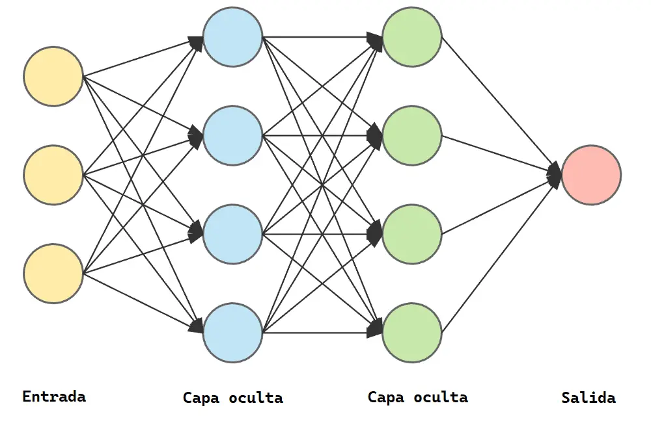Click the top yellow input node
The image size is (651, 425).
[53, 76]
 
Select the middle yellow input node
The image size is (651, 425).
[53, 174]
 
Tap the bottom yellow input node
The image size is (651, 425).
[53, 273]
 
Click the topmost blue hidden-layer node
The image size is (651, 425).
[232, 37]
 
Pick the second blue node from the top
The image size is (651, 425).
[232, 136]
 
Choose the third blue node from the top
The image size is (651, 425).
[232, 234]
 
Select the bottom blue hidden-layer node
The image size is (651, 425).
[232, 333]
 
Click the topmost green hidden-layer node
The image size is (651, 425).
[412, 37]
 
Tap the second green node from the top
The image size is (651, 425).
[412, 136]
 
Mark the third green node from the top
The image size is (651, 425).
[412, 234]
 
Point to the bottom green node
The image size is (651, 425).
[412, 333]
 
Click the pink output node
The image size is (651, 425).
[591, 175]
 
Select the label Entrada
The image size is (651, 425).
[54, 396]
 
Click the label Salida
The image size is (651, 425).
[589, 398]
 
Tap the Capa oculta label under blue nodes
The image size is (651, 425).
[232, 398]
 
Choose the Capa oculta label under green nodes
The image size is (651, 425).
[417, 397]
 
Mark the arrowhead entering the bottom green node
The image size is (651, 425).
[376, 330]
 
